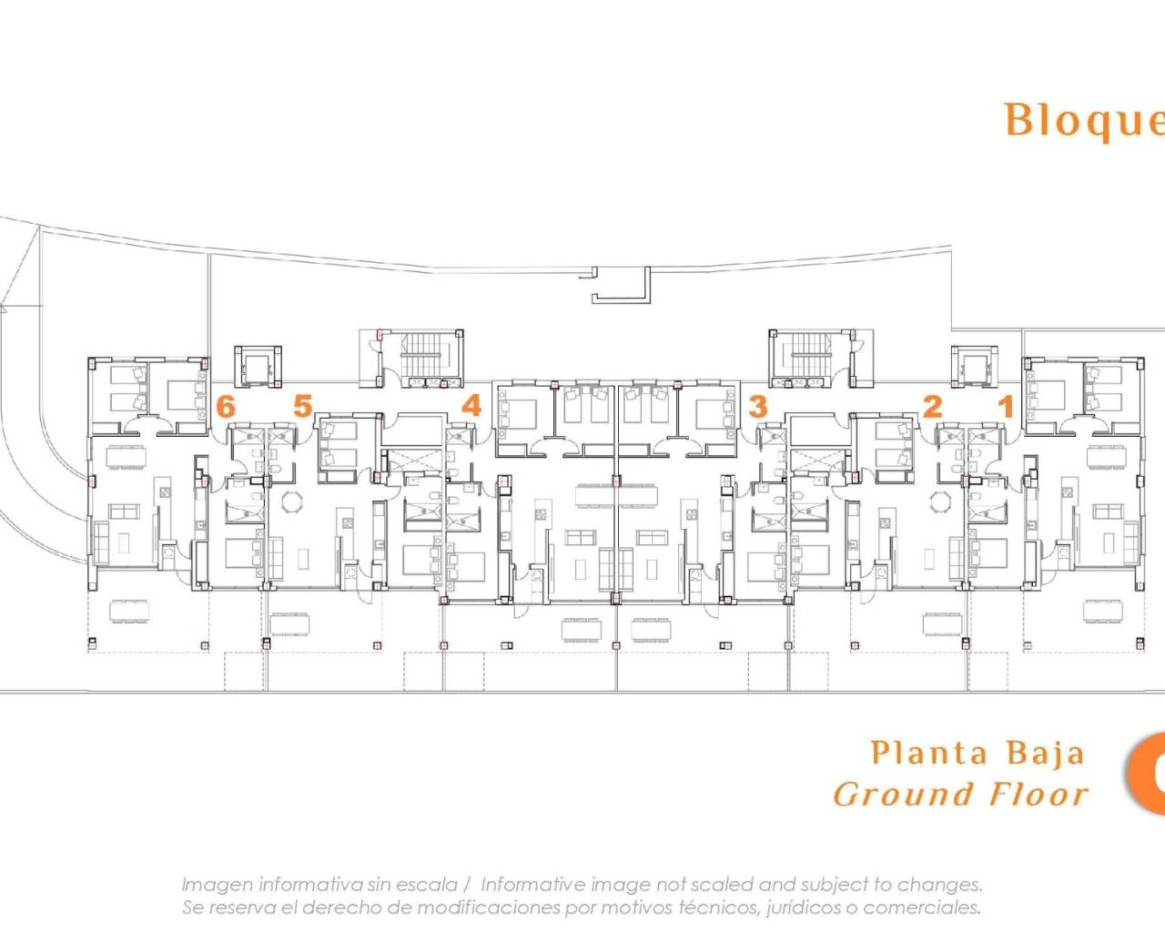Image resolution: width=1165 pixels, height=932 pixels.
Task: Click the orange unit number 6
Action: coord(226,406)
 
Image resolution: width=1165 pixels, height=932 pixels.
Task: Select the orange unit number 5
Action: coord(303,406)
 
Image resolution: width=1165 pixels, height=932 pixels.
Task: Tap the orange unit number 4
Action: coord(471,405)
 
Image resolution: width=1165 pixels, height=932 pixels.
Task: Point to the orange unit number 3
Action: coord(757,406)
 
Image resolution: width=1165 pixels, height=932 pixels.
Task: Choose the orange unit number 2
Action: coord(932,406)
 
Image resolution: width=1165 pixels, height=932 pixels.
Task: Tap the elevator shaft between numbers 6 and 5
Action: coord(252,367)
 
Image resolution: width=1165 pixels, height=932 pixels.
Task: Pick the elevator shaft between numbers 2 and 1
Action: coord(974,367)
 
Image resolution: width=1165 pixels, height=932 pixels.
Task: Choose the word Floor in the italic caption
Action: coord(1038,795)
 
